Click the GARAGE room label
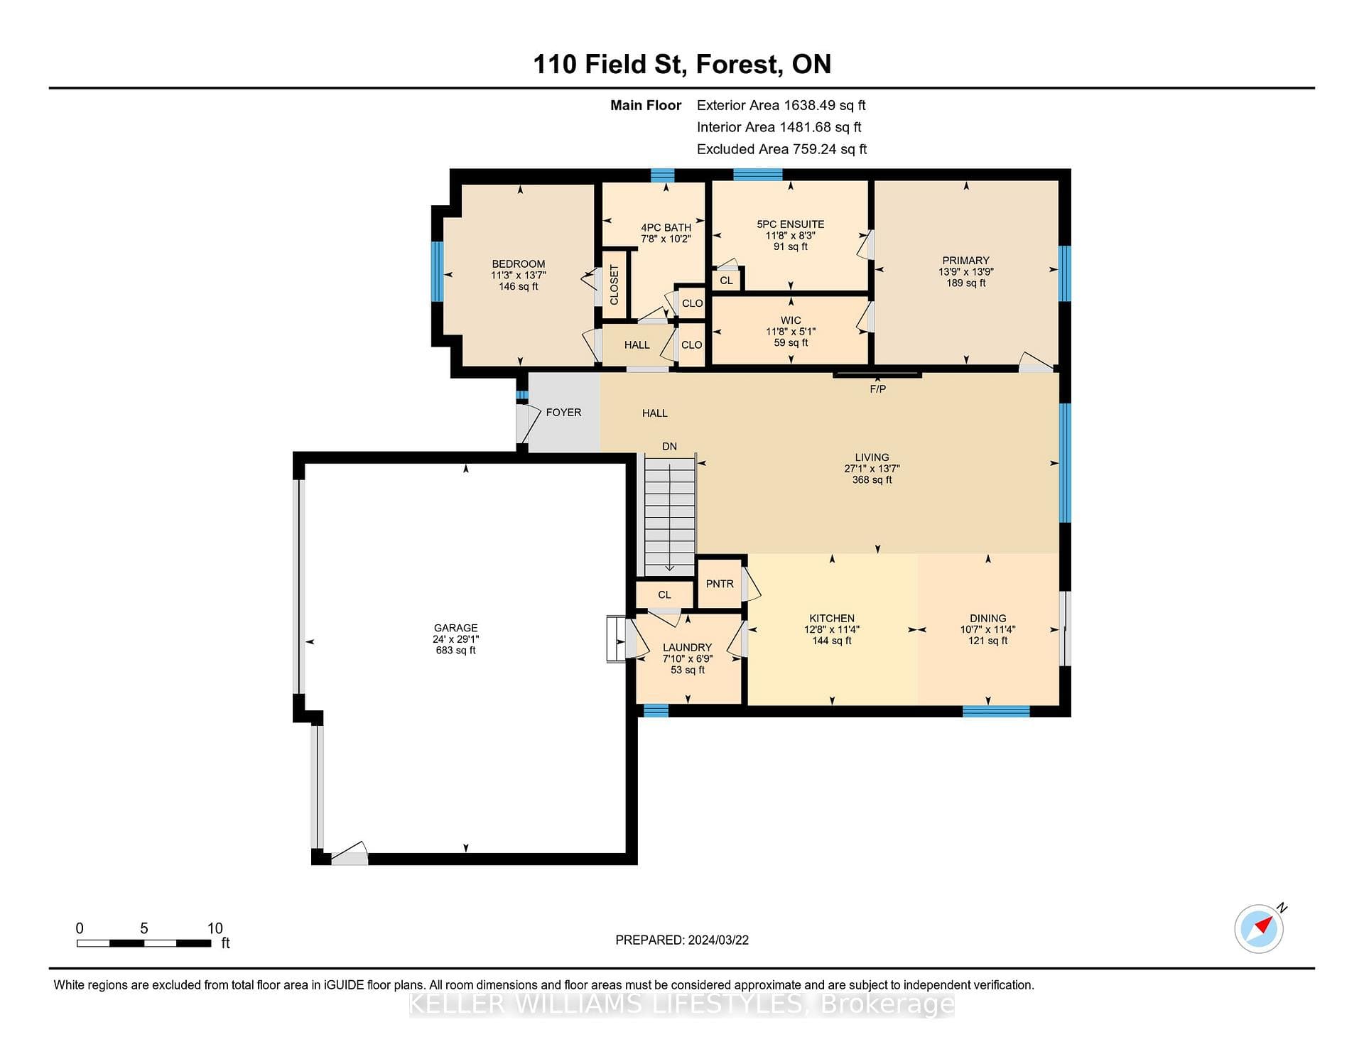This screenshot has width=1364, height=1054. pos(456,628)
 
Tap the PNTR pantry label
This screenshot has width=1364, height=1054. pos(720,584)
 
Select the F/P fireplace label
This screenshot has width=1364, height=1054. pos(878,389)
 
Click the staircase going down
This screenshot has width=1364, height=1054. pos(669,516)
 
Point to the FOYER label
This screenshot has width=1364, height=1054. pos(563,413)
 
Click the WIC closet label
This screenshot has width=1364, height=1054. pos(791,320)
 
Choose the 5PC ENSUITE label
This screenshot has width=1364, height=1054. pos(791,224)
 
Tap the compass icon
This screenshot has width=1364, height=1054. pos(1260,928)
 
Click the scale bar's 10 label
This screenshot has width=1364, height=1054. pos(215,928)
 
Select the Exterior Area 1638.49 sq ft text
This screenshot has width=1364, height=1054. pos(781,105)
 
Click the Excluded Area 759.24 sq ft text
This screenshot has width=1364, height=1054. pos(782,149)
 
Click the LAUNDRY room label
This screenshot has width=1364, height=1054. pos(687,648)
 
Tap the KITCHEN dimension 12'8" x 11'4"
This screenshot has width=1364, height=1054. pos(832,629)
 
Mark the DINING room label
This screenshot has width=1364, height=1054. pos(988,619)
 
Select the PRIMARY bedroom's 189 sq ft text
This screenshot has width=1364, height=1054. pos(966,283)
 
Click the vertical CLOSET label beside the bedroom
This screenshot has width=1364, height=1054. pos(615,285)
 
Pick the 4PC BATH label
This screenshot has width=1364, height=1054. pos(666,228)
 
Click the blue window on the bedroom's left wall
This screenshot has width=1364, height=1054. pos(438,271)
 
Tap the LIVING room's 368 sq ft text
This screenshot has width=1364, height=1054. pos(872,480)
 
